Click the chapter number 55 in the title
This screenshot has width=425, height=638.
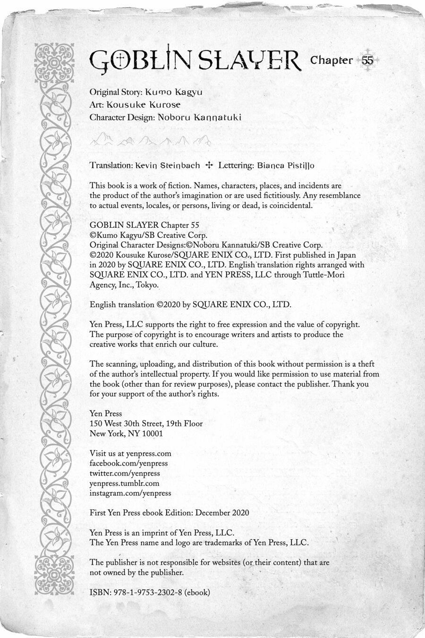coord(368,60)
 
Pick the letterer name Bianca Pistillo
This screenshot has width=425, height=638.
coord(285,165)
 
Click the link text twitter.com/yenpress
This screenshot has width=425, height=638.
coord(125,473)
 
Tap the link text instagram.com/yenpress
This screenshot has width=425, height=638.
coord(130,493)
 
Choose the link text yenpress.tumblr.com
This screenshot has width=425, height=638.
coord(124,483)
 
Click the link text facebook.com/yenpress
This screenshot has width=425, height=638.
coord(128,464)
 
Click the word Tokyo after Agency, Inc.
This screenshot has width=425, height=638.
coord(147,285)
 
